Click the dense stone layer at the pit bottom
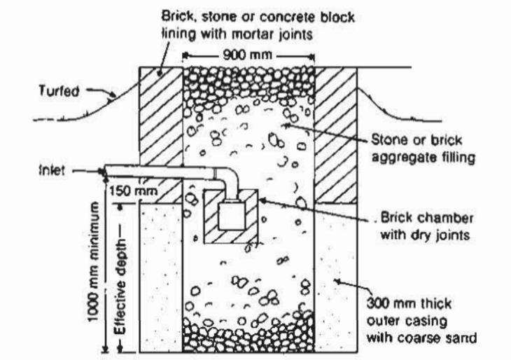coord(248,336)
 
